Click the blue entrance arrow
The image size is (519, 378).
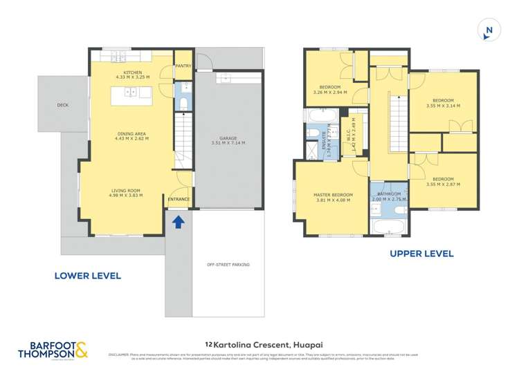pos(178,221)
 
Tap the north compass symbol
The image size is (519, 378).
pos(489,30)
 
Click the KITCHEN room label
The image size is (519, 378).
pos(132,73)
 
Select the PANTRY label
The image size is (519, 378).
pos(183,66)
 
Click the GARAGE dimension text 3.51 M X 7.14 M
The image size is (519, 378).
pos(228,143)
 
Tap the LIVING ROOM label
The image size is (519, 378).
pos(127,190)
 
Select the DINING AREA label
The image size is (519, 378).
pos(131,133)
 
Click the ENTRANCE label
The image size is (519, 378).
pos(179,199)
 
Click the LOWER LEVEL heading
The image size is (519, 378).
pos(88,276)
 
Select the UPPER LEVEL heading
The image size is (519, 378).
pos(421,254)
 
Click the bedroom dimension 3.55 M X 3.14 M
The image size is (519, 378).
pos(443,106)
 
